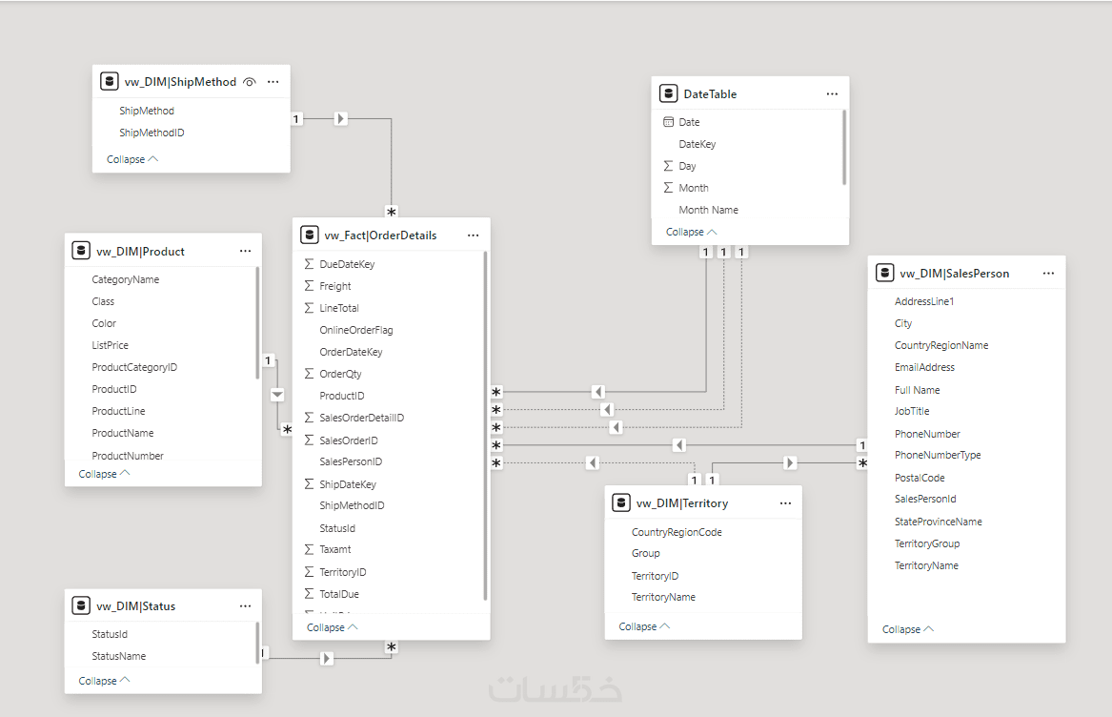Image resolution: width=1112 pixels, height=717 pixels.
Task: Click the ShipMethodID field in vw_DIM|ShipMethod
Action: pos(152,133)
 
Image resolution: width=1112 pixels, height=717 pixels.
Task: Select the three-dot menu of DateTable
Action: pos(832,93)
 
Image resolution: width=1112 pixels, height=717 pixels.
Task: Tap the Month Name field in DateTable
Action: pos(709,210)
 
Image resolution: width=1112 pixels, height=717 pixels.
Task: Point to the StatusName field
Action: pos(118,656)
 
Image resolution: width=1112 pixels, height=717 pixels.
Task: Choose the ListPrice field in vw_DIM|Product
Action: pos(110,345)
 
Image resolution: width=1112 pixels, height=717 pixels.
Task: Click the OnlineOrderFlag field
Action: pos(356,330)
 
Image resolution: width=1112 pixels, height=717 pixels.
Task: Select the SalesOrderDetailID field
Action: pos(362,418)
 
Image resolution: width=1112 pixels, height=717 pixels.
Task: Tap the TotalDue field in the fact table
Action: pos(339,594)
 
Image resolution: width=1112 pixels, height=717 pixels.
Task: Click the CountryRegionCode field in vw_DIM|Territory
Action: pos(677,532)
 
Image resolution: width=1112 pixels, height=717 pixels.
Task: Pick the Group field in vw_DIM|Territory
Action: pos(645,553)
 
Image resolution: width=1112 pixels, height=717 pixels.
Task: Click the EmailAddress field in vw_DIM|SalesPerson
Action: pos(925,367)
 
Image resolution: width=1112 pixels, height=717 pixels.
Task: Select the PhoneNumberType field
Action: pos(938,455)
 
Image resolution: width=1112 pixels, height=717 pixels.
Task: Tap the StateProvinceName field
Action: pos(939,522)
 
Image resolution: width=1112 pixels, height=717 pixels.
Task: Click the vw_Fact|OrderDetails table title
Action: pos(381,236)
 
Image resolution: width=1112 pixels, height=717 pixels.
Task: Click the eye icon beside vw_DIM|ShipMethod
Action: pos(249,82)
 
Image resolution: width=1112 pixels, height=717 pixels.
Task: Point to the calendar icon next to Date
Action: pos(668,122)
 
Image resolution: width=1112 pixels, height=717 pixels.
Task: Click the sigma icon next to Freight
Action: pos(309,285)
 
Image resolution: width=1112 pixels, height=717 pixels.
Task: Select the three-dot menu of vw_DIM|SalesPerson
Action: pos(1048,274)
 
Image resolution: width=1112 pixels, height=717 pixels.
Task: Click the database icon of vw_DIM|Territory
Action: pos(620,502)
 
